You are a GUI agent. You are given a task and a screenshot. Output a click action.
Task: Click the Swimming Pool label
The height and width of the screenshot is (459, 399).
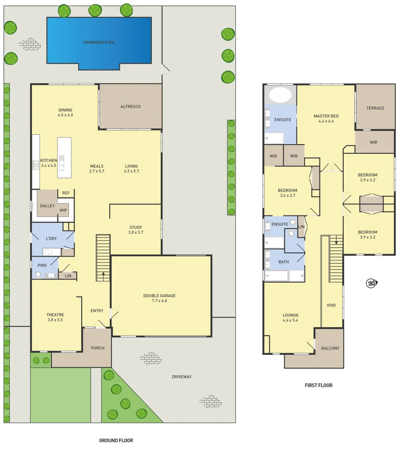click(x=99, y=42)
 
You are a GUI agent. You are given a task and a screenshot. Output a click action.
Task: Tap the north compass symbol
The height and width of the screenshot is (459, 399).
click(x=371, y=283)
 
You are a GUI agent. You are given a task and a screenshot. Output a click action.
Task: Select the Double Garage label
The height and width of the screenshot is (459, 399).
click(x=159, y=296)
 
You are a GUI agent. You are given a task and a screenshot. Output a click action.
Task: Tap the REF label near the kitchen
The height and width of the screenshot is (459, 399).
click(x=66, y=193)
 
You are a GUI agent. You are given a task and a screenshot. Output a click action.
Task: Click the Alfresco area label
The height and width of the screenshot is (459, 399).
click(x=130, y=107)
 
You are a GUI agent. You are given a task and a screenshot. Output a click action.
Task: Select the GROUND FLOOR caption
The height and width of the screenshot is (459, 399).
click(x=116, y=441)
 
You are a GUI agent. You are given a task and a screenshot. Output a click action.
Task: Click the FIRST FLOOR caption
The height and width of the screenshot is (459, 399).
click(x=319, y=385)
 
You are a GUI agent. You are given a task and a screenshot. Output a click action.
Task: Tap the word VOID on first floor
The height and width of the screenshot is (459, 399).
click(x=331, y=306)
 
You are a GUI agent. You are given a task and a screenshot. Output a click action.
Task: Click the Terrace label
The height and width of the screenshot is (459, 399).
click(x=375, y=108)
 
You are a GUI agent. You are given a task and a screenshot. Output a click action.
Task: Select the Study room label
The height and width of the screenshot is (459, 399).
click(x=136, y=227)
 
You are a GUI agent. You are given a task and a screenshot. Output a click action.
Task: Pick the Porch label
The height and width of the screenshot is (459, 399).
click(x=97, y=348)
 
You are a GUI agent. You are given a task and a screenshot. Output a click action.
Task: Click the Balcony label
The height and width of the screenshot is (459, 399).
click(x=330, y=348)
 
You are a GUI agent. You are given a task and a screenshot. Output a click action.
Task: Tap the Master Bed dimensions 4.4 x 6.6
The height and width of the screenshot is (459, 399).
click(x=326, y=121)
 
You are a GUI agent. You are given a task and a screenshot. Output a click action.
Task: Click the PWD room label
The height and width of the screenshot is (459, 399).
click(x=42, y=266)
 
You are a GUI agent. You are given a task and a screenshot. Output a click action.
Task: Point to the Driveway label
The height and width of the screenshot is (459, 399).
click(x=182, y=377)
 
